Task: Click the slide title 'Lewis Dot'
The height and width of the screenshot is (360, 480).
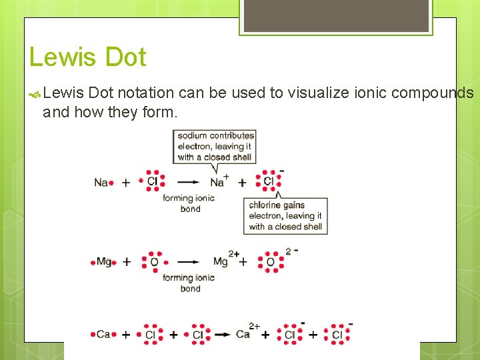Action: coord(87,57)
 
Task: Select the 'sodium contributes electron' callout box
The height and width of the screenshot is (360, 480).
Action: coord(215,146)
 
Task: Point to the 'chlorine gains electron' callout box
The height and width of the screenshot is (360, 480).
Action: coord(285,215)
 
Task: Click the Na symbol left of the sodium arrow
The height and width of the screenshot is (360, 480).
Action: coord(101,182)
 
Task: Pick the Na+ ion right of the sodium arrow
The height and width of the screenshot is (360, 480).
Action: coord(219,181)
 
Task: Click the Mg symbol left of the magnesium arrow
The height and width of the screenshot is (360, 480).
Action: coord(104,262)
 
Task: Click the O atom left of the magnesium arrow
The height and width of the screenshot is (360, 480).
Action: coord(154,262)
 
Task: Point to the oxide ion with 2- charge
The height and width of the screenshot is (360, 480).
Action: coord(271,262)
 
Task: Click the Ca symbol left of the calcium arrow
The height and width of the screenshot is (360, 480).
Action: coord(103,334)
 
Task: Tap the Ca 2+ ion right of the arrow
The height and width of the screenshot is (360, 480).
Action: coord(245,333)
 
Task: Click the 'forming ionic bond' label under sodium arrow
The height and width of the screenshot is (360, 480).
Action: coord(189,203)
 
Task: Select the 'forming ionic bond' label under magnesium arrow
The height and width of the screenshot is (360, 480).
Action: coord(189,283)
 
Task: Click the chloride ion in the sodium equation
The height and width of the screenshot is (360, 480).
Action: coord(269,181)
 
